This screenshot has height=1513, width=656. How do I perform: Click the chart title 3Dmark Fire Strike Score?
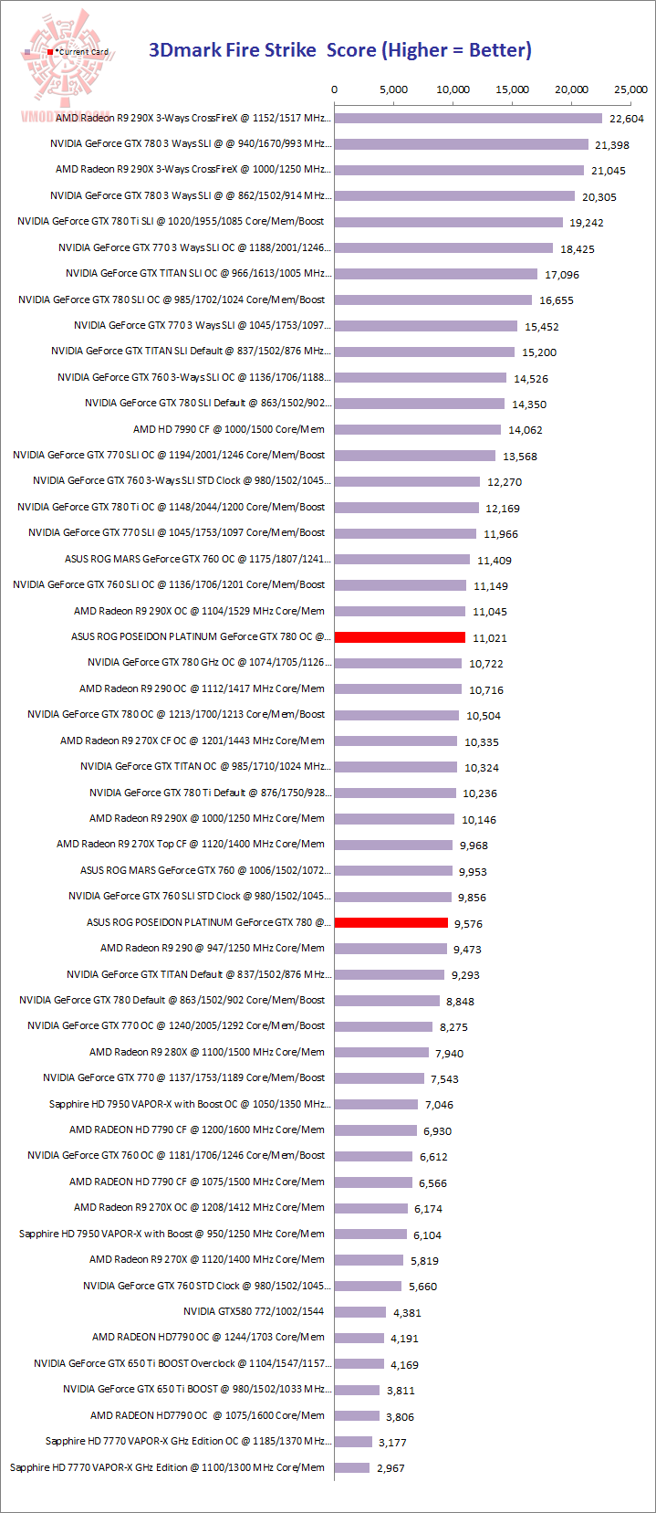339,50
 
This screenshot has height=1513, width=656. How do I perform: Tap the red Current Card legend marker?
51,52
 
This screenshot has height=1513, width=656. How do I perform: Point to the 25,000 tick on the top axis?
630,89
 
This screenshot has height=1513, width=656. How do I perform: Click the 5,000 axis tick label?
393,89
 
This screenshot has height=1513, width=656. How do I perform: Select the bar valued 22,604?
468,118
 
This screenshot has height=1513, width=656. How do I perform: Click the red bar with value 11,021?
400,637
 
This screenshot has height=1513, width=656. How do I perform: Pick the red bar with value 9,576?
391,923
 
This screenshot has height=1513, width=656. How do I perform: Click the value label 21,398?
610,145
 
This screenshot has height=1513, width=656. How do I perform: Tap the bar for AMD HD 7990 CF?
418,429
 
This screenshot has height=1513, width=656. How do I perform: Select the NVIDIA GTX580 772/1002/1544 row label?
254,1311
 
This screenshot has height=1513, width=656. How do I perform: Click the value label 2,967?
390,1468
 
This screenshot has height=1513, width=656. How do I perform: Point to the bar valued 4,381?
360,1312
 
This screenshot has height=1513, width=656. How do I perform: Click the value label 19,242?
587,223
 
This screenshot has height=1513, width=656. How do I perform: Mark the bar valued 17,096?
436,274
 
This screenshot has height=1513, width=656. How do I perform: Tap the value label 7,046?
439,1105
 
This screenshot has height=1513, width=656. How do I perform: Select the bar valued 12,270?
407,481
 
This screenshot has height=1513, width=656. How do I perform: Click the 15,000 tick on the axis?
512,89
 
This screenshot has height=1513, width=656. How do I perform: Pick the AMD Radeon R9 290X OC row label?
199,611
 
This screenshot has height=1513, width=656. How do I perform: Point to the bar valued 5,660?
368,1286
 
